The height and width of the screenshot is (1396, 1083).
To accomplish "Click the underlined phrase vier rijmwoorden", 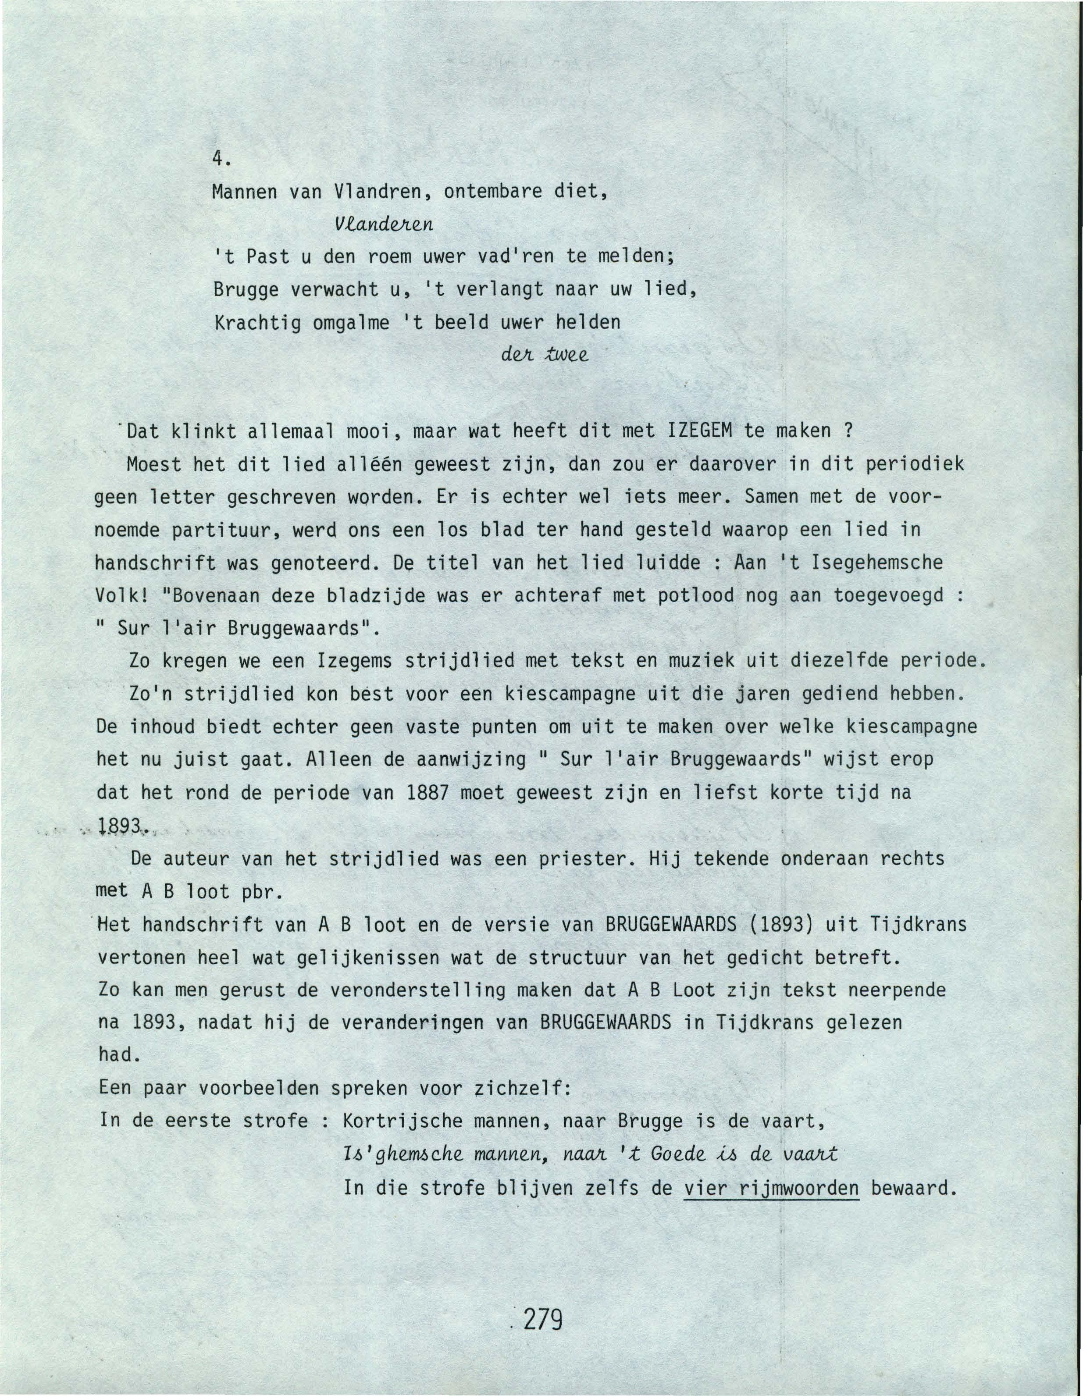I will [x=771, y=1188].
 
